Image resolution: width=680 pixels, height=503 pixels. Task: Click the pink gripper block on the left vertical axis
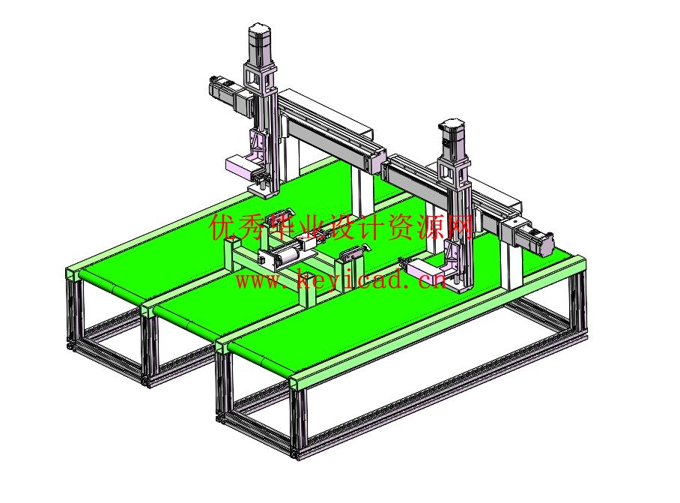pyautogui.click(x=242, y=166)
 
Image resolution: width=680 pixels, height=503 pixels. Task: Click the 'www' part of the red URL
pyautogui.click(x=258, y=280)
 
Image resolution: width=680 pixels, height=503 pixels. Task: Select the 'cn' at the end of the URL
pyautogui.click(x=433, y=280)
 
